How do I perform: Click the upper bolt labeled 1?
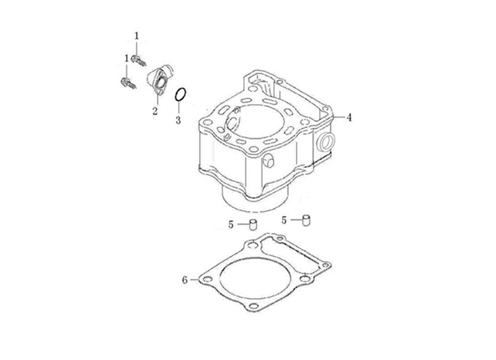(139, 60)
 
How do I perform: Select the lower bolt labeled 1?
(129, 83)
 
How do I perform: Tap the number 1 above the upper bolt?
(136, 36)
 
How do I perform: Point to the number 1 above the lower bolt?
(126, 58)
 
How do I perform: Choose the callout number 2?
(154, 111)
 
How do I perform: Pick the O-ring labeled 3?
(181, 95)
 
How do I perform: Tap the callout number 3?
(179, 120)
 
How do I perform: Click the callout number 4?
(349, 118)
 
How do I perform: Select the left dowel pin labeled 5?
(254, 224)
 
